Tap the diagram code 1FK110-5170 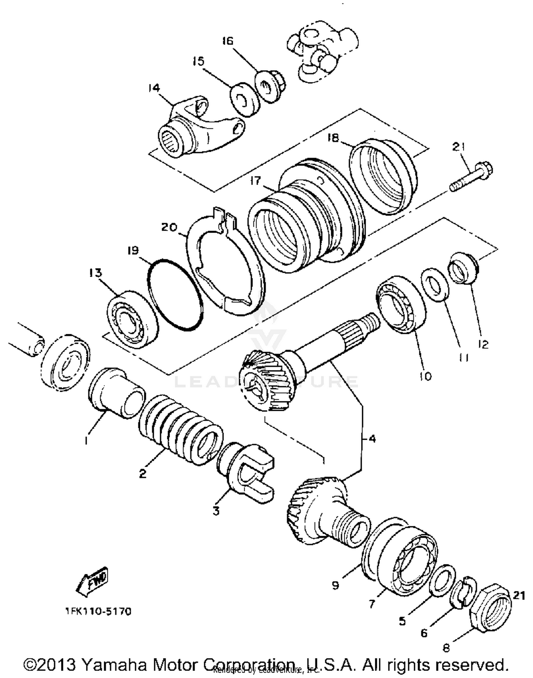98,612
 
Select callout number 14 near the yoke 154,88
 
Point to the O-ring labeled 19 174,295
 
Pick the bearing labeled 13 133,319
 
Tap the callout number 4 372,439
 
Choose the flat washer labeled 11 435,284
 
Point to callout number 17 255,181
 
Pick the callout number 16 227,41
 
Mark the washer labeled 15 244,99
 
